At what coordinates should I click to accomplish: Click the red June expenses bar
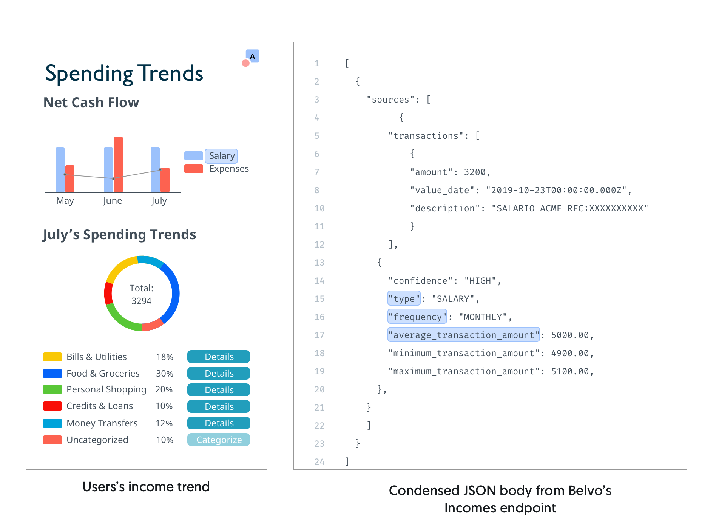point(118,165)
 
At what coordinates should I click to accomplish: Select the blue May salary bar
point(60,170)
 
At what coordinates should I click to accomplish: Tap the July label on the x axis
point(159,201)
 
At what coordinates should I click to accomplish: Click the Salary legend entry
point(222,156)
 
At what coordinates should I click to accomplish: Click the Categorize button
point(219,440)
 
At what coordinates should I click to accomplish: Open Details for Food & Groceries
point(219,373)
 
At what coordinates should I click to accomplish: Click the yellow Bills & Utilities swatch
point(52,357)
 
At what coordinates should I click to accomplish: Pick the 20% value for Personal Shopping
point(164,389)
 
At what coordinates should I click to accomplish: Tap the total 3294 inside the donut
point(141,301)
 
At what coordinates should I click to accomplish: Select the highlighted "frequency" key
point(417,317)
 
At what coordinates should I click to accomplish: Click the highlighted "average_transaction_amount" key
point(464,335)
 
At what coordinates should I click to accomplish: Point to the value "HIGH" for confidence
point(480,281)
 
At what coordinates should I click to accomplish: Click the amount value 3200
point(475,172)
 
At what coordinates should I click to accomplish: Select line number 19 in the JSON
point(319,371)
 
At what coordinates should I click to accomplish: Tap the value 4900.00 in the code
point(570,353)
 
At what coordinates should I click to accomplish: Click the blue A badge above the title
point(252,56)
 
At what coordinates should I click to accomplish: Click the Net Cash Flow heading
point(91,102)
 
